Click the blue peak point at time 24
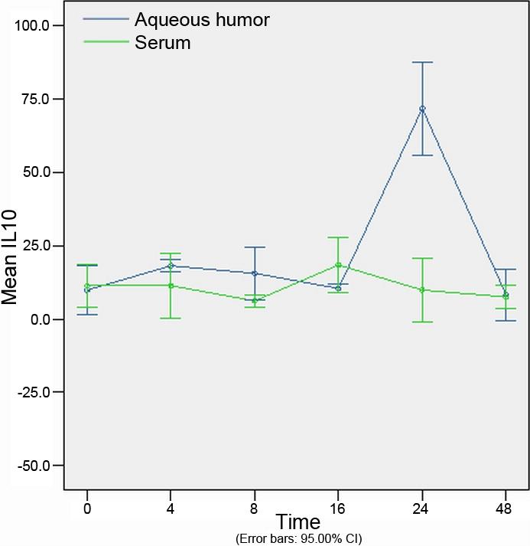422,109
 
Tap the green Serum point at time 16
338,265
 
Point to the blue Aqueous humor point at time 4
171,266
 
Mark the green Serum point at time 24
422,289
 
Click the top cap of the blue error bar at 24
422,62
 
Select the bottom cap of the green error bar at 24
422,322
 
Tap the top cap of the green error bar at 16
338,237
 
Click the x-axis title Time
298,523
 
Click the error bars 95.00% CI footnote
298,538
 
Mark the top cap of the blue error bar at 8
254,247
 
